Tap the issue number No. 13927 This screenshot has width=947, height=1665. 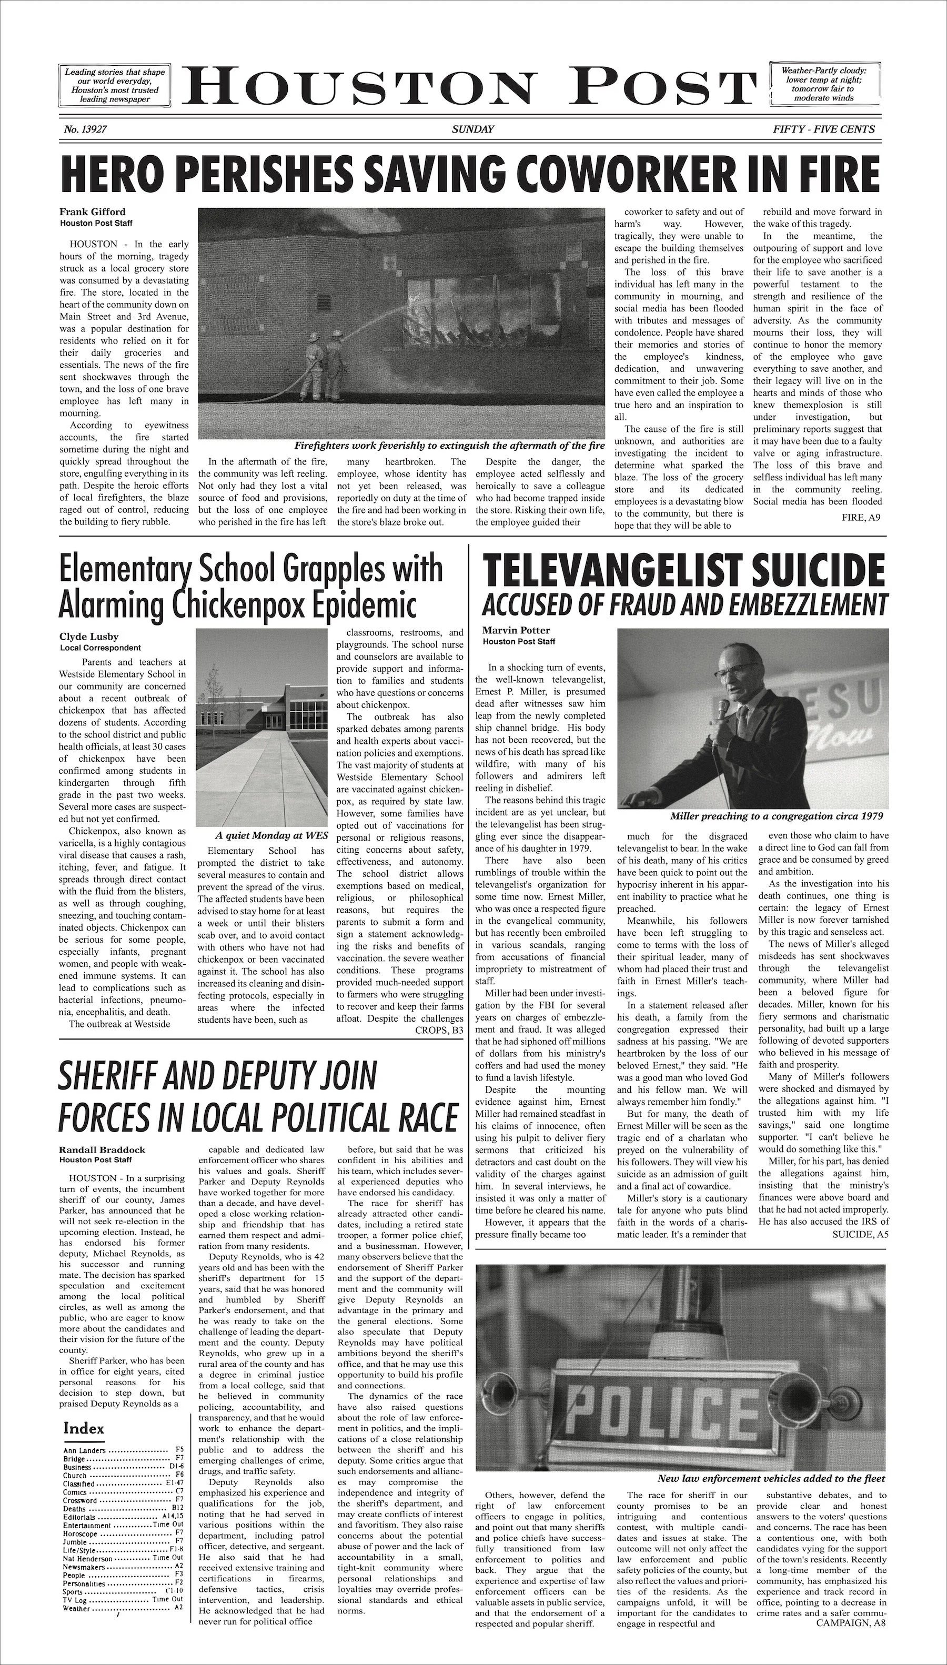85,129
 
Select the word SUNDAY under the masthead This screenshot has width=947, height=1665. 473,129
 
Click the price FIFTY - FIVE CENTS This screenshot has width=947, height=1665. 823,129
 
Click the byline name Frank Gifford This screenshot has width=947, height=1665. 93,212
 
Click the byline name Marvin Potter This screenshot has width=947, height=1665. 516,630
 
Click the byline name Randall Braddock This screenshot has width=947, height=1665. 102,1149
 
